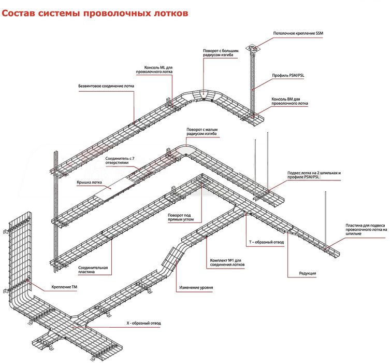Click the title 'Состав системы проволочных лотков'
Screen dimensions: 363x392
(94, 13)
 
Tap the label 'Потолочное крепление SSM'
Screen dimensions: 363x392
(298, 34)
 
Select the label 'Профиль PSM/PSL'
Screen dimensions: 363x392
(289, 75)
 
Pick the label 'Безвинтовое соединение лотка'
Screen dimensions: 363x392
(106, 86)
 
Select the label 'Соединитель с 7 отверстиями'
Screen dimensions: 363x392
(120, 160)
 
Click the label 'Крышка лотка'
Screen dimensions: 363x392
(89, 183)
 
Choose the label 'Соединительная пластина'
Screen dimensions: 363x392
(93, 270)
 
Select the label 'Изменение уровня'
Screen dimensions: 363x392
(196, 287)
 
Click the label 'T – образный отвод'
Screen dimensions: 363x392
(266, 243)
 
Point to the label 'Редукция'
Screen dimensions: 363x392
(307, 273)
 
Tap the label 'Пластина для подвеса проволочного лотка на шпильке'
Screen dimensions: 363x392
(366, 229)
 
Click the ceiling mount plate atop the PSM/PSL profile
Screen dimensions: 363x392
(253, 48)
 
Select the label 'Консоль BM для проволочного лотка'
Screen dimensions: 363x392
(289, 101)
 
